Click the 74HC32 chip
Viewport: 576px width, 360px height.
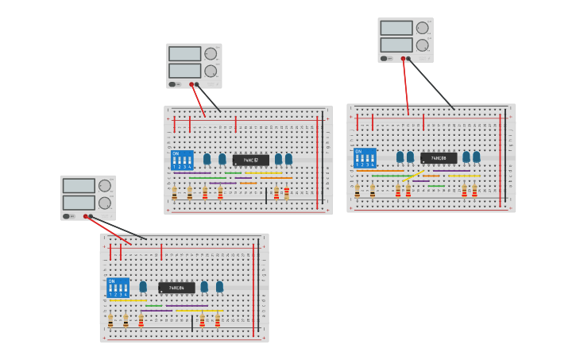tap(250, 160)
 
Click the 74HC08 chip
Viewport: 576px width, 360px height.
tap(439, 158)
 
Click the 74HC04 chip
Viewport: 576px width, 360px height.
tap(176, 288)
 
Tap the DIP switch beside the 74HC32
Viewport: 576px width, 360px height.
tap(182, 160)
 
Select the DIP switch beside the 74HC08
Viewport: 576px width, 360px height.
tap(365, 157)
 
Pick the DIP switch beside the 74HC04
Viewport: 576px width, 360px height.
tap(118, 287)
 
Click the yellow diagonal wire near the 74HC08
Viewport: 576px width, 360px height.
tap(413, 176)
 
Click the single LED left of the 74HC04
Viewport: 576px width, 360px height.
tap(143, 286)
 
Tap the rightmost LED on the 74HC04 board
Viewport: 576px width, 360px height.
tap(219, 286)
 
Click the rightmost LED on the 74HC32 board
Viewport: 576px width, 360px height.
tap(288, 159)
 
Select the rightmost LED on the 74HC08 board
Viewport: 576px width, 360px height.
tap(476, 157)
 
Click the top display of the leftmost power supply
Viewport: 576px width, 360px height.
tap(79, 186)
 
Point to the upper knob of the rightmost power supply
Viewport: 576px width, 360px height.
tap(422, 28)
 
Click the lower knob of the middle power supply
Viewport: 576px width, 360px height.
tap(211, 71)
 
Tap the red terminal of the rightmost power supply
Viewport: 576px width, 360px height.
tap(404, 58)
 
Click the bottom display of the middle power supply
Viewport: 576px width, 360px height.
tap(184, 71)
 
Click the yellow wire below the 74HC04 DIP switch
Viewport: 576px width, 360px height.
tap(127, 300)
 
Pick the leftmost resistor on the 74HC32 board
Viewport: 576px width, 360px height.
tap(174, 192)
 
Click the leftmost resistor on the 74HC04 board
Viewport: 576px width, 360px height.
tap(110, 320)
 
